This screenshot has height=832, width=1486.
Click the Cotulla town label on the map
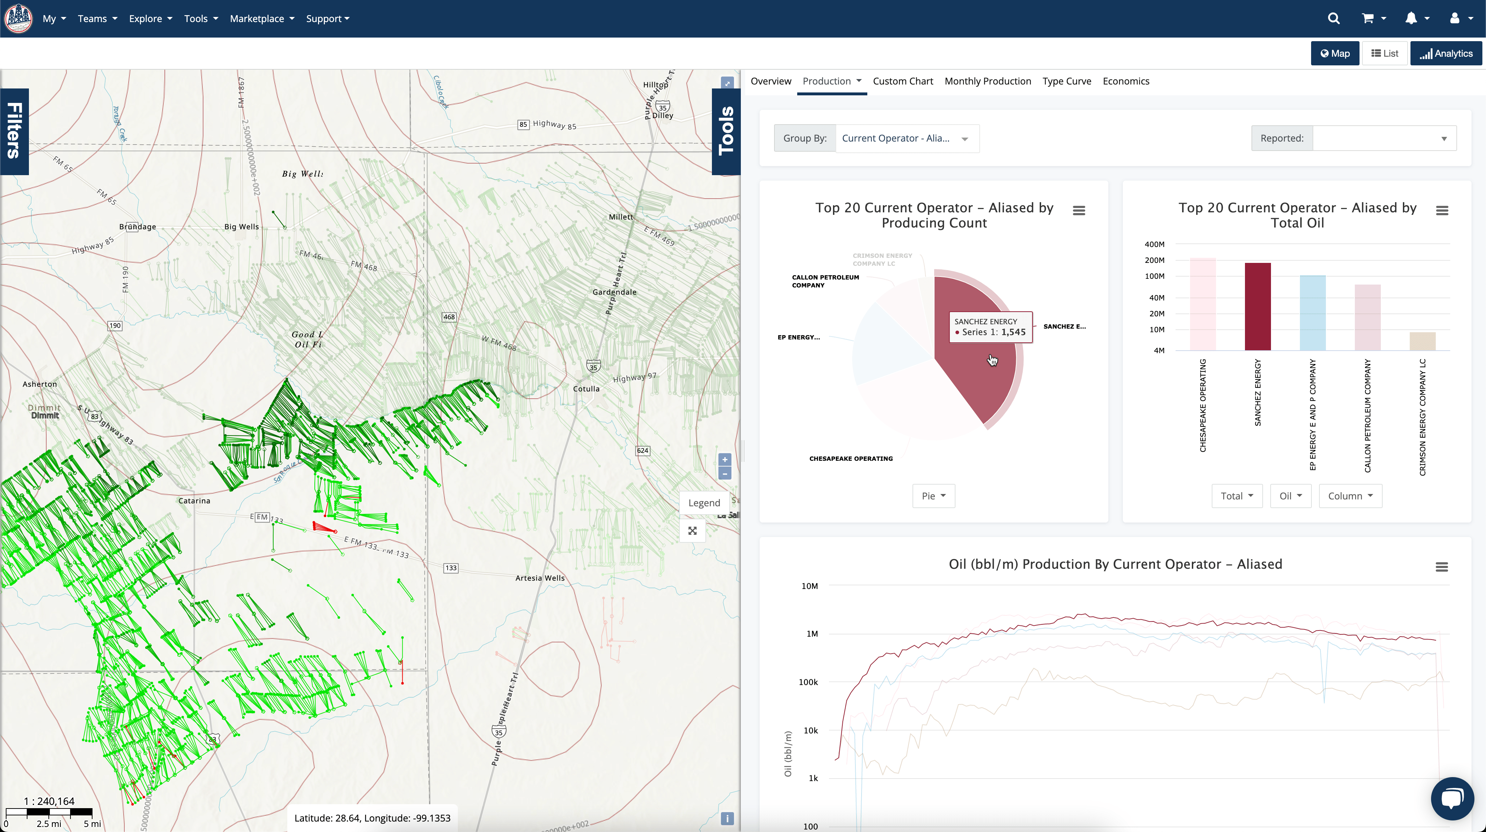point(586,389)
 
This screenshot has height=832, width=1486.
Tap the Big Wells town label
point(241,226)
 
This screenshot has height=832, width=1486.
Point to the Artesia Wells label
point(540,578)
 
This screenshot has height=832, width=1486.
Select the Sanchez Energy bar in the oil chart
point(1258,306)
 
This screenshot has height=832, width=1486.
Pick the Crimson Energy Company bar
point(1422,341)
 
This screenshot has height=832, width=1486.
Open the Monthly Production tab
point(988,81)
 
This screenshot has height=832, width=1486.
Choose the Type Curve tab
point(1067,81)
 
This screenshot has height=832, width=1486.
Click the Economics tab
point(1125,81)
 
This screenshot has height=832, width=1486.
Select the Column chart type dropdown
point(1350,496)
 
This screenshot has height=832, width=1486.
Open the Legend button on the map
point(704,503)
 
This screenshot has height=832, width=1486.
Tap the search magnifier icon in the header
point(1333,18)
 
